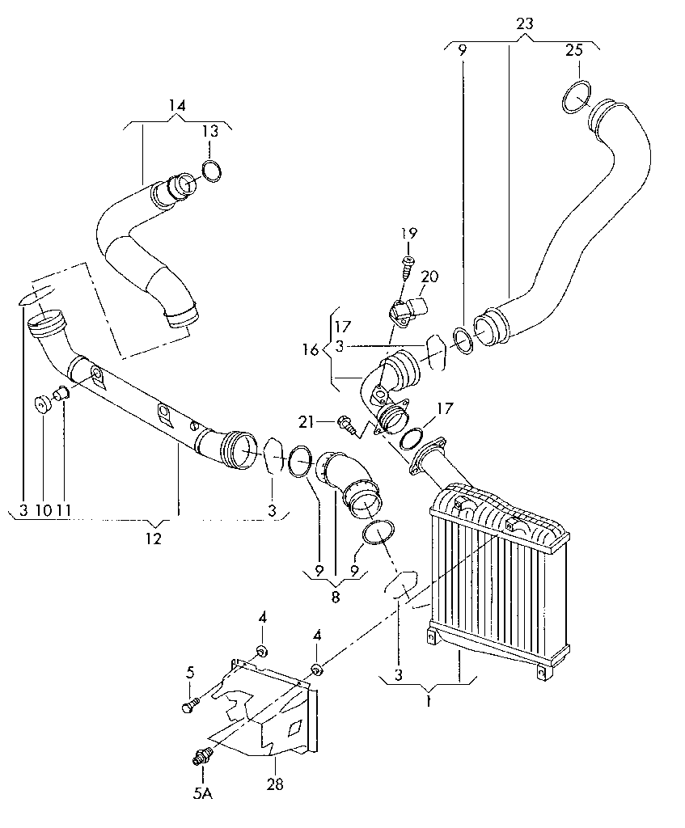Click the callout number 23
coord(524,23)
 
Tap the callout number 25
coord(575,50)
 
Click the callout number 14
coord(177,105)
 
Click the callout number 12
coord(153,539)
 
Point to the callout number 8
coord(336,598)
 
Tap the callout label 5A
coord(203,794)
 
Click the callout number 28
coord(275,785)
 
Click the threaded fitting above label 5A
coord(201,755)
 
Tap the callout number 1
coord(429,703)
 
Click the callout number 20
coord(430,277)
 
